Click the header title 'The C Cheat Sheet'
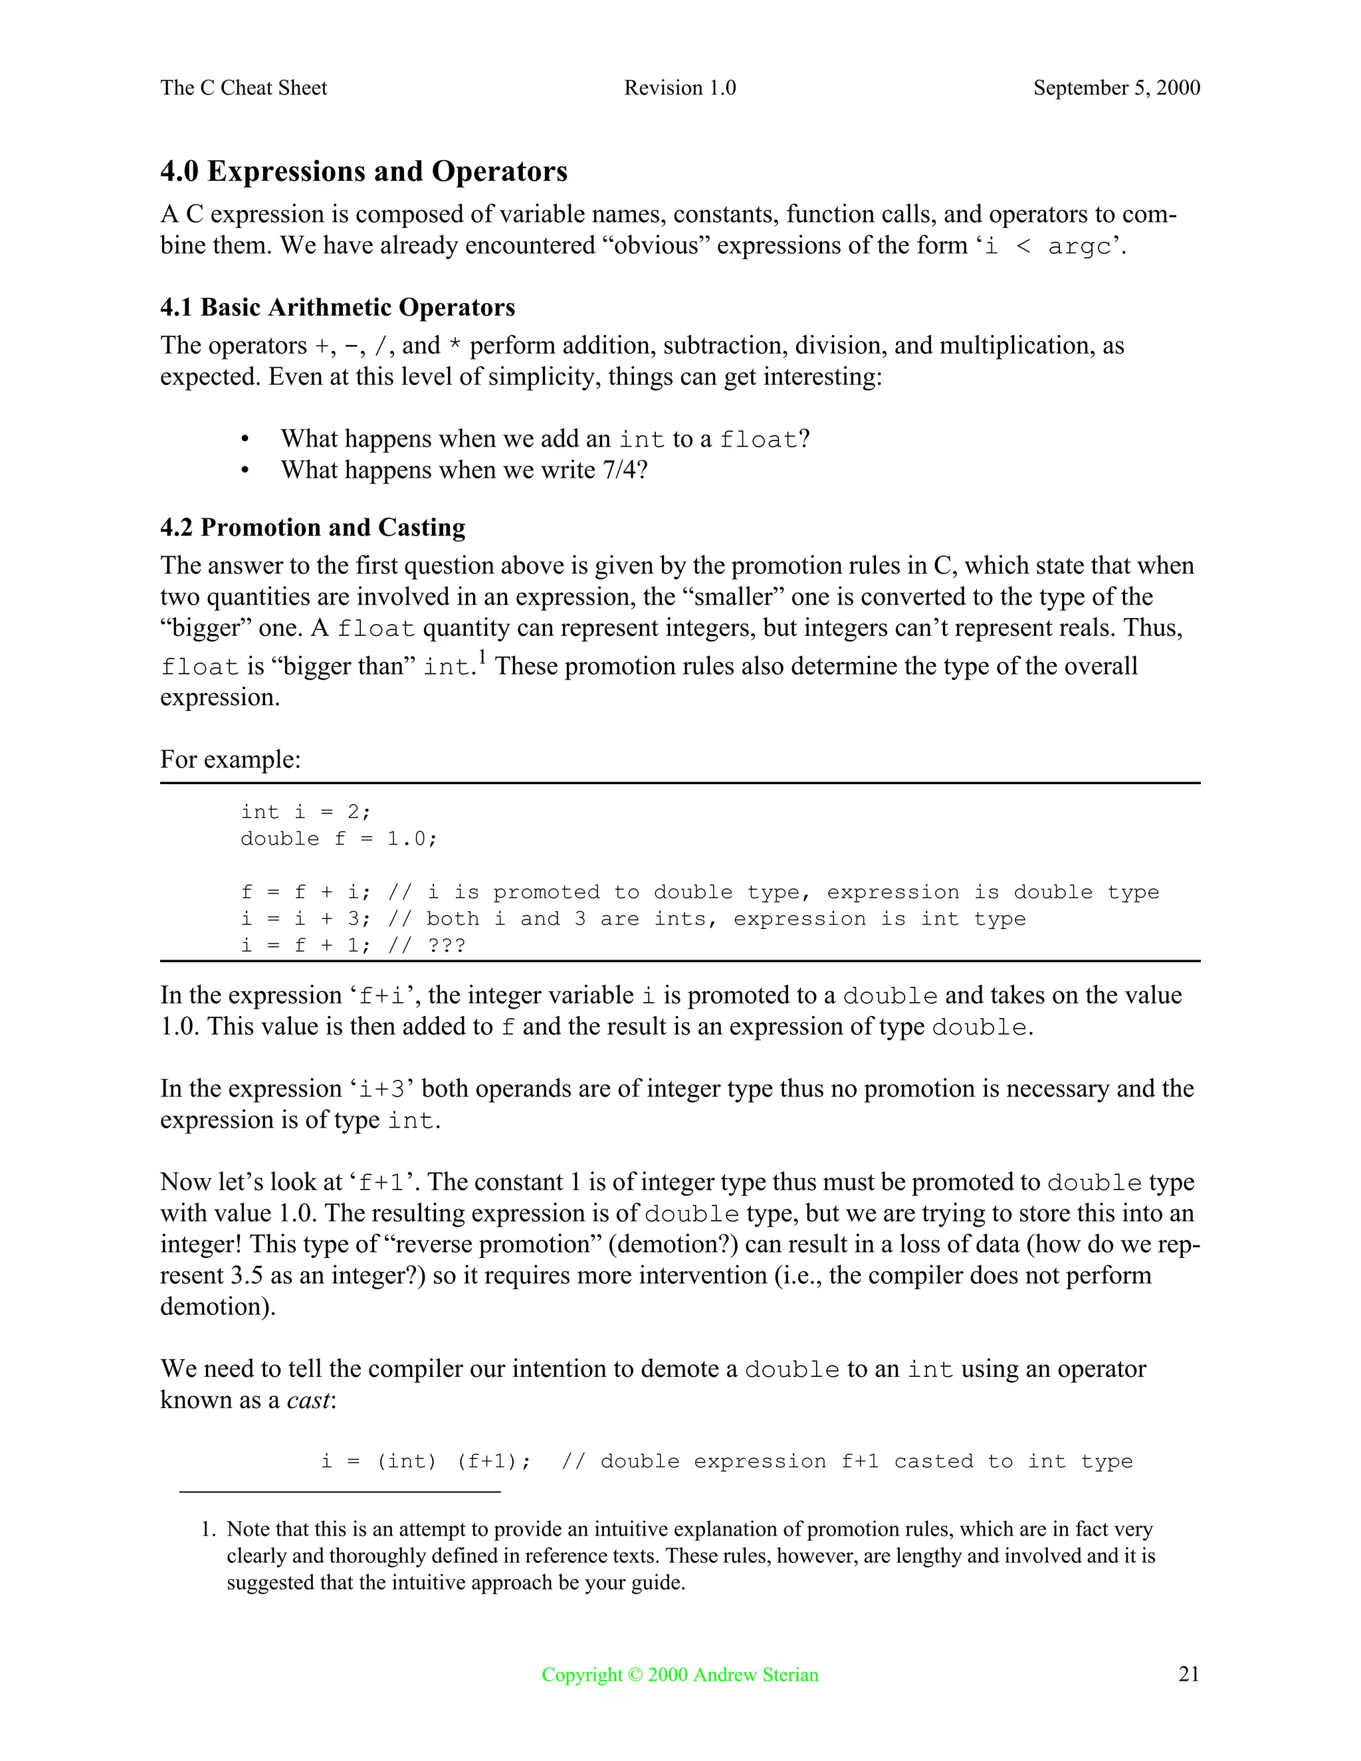point(243,88)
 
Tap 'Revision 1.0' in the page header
point(680,88)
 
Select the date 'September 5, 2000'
point(1116,88)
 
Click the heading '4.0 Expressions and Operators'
point(364,171)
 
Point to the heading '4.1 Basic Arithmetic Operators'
point(337,307)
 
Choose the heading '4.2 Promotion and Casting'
point(313,528)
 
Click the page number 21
point(1188,1675)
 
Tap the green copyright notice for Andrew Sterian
point(680,1675)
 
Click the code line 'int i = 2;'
point(306,812)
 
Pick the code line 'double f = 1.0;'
point(339,839)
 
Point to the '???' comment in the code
point(447,945)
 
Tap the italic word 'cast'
point(308,1399)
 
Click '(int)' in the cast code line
point(406,1462)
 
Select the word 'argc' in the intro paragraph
point(1080,247)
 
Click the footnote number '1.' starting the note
point(208,1530)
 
